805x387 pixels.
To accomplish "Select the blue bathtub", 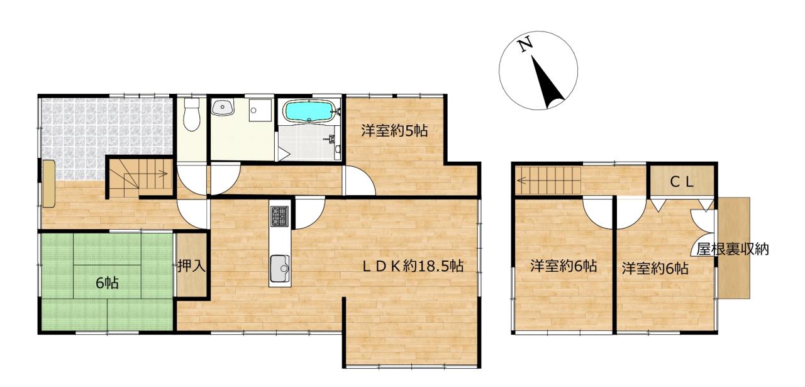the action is (x=309, y=111).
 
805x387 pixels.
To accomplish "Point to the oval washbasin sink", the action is (x=223, y=107).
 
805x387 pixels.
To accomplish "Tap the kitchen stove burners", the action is (x=280, y=216).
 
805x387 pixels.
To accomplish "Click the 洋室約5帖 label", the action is (x=394, y=130).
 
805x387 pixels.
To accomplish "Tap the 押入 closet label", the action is (x=191, y=267).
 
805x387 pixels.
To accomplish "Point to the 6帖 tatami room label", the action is (x=107, y=283).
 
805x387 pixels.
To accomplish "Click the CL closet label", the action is (x=681, y=182).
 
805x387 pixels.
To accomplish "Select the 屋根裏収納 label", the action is (x=733, y=249).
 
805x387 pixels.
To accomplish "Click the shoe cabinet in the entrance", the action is (x=48, y=184).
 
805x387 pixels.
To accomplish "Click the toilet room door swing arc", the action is (x=192, y=179).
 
